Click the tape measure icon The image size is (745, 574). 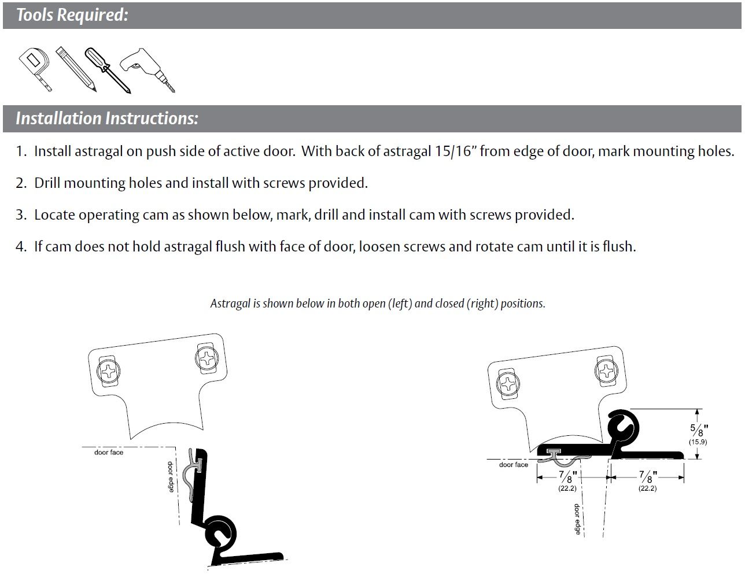[x=34, y=68]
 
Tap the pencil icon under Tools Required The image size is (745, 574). [x=76, y=69]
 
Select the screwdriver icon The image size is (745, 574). [x=108, y=70]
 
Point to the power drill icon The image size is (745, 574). [x=147, y=69]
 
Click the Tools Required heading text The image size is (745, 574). [x=72, y=15]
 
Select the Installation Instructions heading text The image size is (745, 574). [x=107, y=118]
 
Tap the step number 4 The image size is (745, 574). [x=21, y=247]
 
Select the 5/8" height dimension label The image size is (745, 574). [x=699, y=430]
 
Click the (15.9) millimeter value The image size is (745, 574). [x=698, y=442]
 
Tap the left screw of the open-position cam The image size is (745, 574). [x=108, y=371]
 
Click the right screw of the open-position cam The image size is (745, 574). [x=206, y=358]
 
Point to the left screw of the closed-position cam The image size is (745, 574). [x=508, y=384]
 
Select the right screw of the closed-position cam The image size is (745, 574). [x=606, y=371]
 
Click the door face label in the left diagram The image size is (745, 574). [x=109, y=453]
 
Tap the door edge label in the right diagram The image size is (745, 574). [x=577, y=519]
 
